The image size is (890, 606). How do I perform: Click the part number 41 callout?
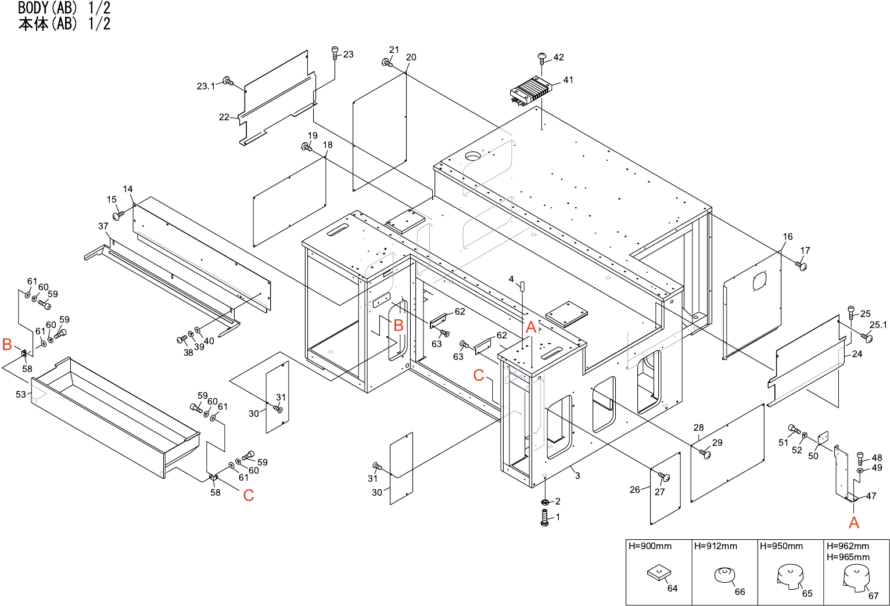[x=568, y=80]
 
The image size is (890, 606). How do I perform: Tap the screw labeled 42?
[x=542, y=57]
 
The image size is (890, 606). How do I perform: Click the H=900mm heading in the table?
[x=649, y=546]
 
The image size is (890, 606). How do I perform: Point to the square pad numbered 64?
[x=658, y=573]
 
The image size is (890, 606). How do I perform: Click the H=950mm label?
[x=781, y=546]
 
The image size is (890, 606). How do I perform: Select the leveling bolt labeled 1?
[x=545, y=518]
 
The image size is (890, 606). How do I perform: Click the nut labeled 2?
[x=545, y=502]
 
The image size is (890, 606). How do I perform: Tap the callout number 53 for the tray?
[x=21, y=394]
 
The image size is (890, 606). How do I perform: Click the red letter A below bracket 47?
[x=853, y=522]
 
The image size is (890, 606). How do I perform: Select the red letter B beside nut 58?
[x=8, y=344]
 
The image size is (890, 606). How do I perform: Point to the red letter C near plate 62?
[x=479, y=376]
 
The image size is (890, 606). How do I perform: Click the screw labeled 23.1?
[x=228, y=81]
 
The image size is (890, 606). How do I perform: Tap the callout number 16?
[x=788, y=237]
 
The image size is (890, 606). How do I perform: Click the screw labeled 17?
[x=802, y=266]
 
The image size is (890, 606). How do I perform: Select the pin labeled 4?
[x=522, y=287]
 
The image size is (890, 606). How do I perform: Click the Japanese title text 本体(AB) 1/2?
[x=64, y=24]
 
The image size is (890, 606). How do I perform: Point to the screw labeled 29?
[x=705, y=453]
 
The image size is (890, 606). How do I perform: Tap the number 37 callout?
[x=103, y=226]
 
